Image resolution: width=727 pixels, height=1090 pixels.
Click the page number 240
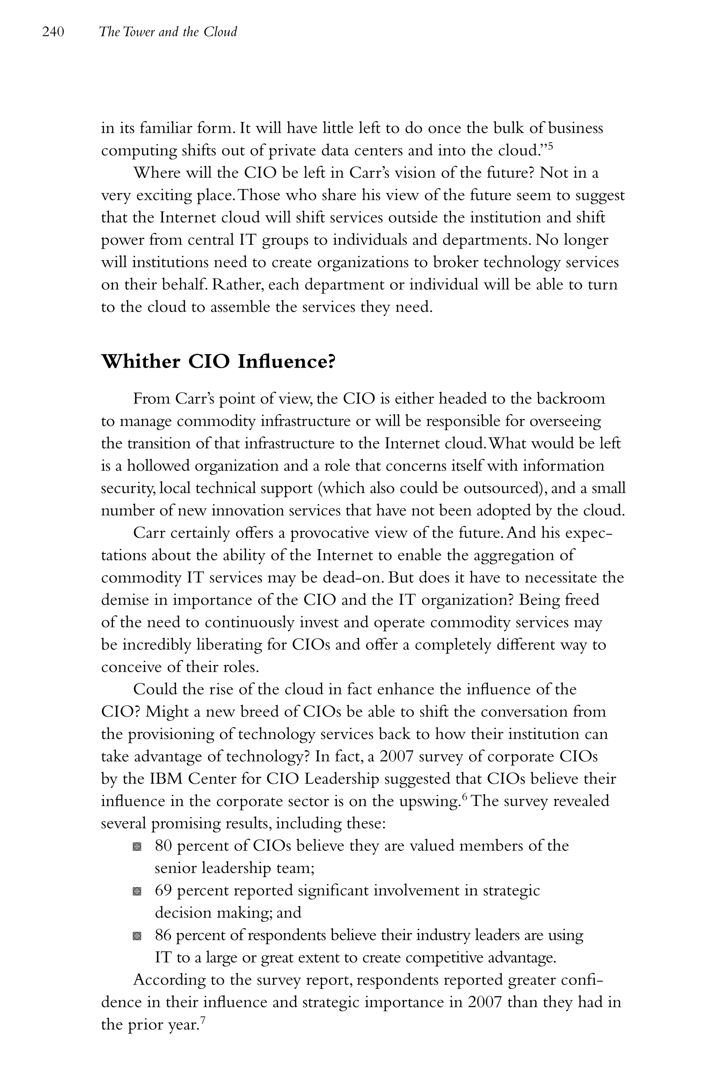53,32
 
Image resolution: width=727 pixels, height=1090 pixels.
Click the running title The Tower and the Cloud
168,32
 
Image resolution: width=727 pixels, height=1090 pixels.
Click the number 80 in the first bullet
164,846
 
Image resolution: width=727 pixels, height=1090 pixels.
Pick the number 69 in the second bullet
164,890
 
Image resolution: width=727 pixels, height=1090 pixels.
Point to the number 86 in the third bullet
164,935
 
